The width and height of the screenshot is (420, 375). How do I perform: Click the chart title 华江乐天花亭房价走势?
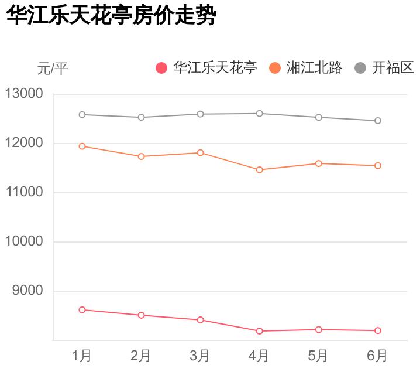point(111,16)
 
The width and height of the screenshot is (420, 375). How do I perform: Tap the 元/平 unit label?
point(53,69)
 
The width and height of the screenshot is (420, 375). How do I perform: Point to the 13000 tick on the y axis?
point(24,94)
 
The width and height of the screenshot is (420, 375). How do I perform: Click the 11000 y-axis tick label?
point(24,192)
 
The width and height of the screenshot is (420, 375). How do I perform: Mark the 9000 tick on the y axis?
point(27,291)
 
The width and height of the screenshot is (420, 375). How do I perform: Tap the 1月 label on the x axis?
point(82,356)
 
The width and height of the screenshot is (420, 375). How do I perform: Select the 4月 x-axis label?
point(259,356)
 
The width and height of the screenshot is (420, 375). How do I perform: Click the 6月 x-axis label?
point(377,356)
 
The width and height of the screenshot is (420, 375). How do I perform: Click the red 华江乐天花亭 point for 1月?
point(82,309)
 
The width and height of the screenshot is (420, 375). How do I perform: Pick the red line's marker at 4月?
point(259,331)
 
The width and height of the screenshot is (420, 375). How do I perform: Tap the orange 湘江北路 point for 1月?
point(82,146)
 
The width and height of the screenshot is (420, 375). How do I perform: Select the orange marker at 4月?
point(259,170)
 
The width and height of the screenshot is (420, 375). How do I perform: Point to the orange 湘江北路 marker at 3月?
point(200,152)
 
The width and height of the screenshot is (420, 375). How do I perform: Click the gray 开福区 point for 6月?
point(377,121)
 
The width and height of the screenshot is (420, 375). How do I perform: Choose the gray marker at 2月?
point(141,117)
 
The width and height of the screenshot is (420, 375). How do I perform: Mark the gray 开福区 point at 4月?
point(259,113)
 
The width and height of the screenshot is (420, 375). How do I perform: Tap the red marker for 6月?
point(377,330)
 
